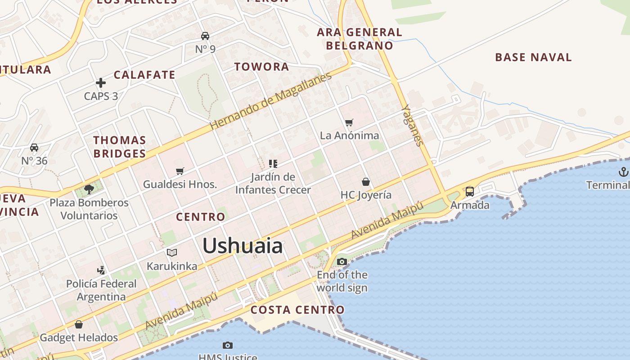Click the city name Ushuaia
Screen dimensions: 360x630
click(243, 246)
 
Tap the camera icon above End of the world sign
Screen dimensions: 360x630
click(342, 261)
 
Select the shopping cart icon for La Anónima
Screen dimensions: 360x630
click(349, 122)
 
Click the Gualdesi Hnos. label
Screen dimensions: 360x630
click(180, 184)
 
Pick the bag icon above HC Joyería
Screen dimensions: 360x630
click(366, 182)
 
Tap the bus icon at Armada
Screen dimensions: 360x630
click(470, 192)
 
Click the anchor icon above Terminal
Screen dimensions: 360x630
click(623, 171)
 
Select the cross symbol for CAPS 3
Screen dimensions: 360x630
click(101, 83)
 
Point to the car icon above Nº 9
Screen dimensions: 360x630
click(205, 36)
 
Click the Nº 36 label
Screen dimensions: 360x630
click(34, 161)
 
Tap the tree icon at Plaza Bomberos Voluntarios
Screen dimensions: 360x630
click(89, 189)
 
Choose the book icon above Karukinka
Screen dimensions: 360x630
click(172, 252)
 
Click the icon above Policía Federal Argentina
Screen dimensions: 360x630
click(101, 270)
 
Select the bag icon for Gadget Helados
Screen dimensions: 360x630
click(79, 324)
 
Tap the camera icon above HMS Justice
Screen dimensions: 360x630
click(228, 345)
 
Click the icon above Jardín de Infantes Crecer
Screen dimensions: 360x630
click(273, 163)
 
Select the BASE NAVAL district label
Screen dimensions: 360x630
click(533, 57)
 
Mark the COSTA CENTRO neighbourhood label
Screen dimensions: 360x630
click(297, 310)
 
